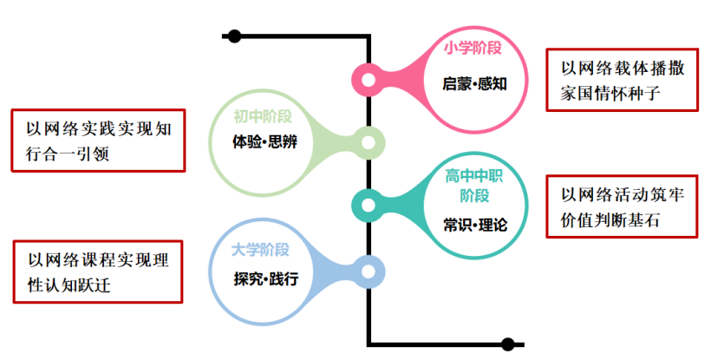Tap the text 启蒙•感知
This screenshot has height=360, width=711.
tap(473, 84)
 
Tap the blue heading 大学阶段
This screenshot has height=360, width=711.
tap(260, 250)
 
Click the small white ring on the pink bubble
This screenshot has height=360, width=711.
tap(369, 81)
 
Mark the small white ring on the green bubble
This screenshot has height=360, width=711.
tap(369, 142)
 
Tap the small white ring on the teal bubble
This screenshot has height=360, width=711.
tap(369, 206)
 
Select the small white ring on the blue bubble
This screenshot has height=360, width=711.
tap(369, 268)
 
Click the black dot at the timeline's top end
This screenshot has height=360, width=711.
tap(233, 36)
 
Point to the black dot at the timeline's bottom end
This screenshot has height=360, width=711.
tap(508, 344)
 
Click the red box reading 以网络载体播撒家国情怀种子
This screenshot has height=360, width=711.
tap(622, 79)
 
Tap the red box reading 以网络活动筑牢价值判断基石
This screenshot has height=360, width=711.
tap(622, 206)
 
